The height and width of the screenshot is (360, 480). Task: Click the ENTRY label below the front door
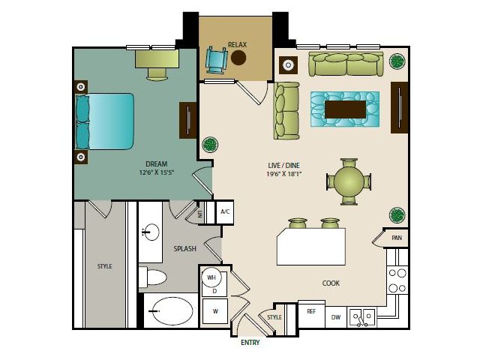tap(250, 343)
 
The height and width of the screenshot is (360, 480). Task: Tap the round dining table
tap(349, 181)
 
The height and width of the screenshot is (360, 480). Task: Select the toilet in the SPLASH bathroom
tap(153, 277)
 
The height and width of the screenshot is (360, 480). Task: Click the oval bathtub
tap(172, 311)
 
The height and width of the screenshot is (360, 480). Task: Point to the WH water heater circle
tap(211, 277)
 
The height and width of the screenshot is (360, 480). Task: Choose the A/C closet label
tap(225, 211)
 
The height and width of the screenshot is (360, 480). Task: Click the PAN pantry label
tap(397, 238)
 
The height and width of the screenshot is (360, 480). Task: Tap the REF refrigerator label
tap(311, 311)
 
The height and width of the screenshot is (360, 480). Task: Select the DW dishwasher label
tap(336, 317)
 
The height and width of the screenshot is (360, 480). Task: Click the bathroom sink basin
tap(151, 232)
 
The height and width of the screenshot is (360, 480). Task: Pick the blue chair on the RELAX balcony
tap(217, 60)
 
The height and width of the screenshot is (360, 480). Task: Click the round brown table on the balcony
tap(238, 58)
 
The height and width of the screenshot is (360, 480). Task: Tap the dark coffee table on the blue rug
tap(345, 109)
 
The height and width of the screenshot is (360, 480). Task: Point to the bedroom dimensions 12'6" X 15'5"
tap(157, 172)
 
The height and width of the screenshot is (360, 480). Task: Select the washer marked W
tap(215, 311)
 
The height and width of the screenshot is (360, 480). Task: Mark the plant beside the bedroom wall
tap(210, 144)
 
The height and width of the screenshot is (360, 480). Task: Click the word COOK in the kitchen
tap(331, 283)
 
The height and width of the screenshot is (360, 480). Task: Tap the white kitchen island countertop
tap(311, 247)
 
